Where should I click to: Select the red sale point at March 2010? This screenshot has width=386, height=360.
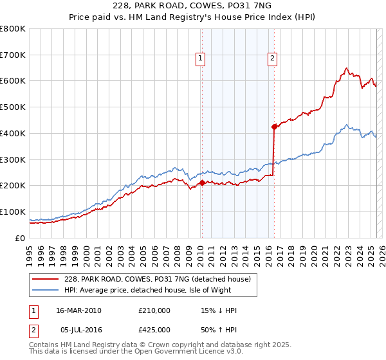(x=201, y=183)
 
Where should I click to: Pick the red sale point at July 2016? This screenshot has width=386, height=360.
(x=274, y=127)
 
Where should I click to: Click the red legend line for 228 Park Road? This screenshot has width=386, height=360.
(x=46, y=278)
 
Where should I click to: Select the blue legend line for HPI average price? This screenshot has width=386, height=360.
(x=46, y=291)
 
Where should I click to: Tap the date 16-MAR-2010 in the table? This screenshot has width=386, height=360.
(x=79, y=310)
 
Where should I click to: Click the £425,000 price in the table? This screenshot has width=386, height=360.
(x=154, y=332)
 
